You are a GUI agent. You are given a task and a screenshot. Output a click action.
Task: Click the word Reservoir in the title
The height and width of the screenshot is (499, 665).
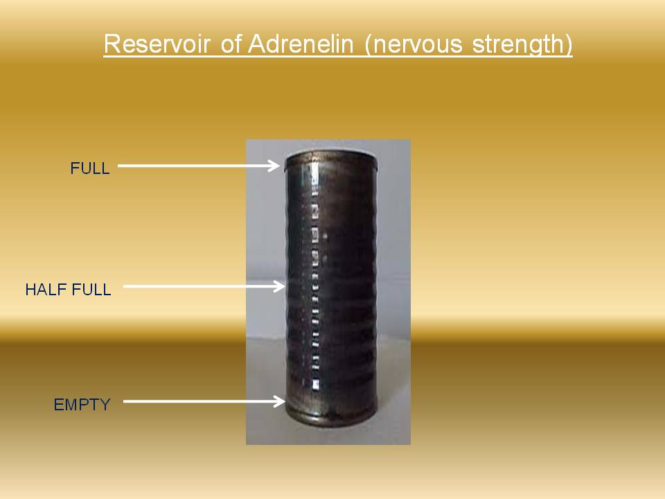157,44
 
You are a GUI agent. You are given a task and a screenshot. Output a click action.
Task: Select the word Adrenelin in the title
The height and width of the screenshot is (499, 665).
300,44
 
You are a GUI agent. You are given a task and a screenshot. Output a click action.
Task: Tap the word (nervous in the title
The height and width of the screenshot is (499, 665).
414,44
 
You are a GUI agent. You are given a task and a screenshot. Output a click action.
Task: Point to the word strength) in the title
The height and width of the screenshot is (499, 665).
522,45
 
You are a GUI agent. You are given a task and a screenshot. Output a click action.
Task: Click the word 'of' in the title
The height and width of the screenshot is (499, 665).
231,44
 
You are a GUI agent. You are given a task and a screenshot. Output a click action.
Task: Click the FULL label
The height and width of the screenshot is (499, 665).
90,168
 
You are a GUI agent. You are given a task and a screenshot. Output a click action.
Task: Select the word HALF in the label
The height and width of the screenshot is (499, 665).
46,290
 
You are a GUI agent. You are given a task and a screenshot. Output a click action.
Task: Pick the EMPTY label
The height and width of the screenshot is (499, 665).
82,405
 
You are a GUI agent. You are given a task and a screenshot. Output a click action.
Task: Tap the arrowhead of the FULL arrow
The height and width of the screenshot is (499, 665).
274,166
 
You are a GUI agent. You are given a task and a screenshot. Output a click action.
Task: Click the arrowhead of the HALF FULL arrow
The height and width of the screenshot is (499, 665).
279,286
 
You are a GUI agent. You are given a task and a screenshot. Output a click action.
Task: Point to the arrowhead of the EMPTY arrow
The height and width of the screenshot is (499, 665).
279,401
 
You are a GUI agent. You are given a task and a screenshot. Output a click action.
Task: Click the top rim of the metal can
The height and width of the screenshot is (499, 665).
331,158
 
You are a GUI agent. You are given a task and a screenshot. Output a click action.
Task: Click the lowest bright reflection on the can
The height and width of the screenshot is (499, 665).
316,385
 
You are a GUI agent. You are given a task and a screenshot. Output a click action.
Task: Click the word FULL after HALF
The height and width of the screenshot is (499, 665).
91,290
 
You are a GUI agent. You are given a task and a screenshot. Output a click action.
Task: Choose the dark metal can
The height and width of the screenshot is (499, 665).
331,288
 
